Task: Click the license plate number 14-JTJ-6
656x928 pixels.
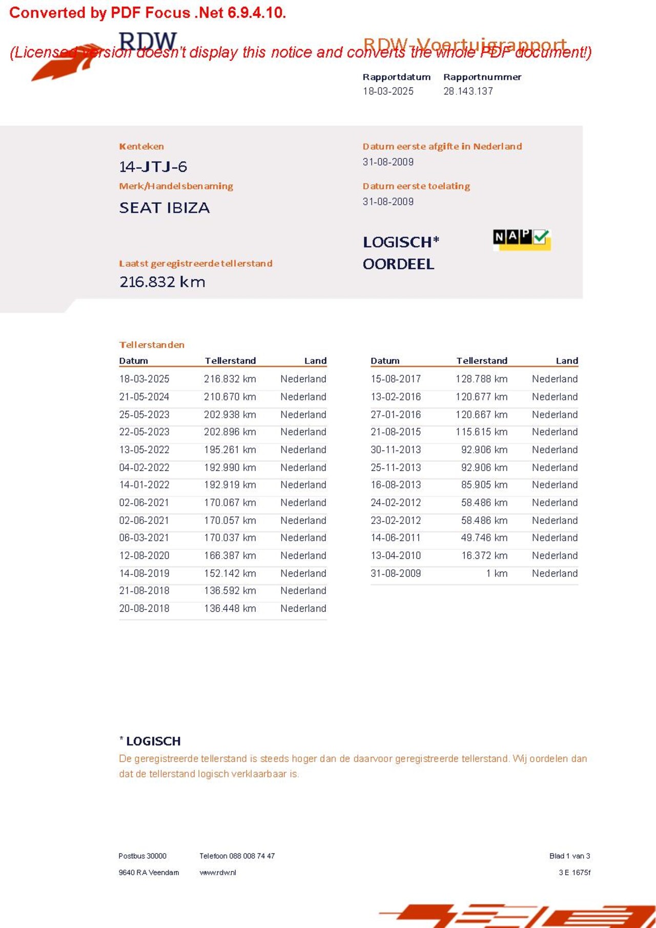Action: (153, 167)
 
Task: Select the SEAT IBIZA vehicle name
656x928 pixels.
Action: (164, 208)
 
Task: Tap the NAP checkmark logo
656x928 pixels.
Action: (521, 239)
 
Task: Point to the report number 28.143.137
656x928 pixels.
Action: (468, 91)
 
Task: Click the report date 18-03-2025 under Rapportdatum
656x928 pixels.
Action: (388, 91)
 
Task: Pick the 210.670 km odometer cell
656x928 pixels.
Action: (230, 397)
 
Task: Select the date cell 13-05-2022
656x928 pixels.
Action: (144, 450)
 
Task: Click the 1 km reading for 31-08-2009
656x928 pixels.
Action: (497, 574)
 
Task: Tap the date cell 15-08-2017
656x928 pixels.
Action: (396, 379)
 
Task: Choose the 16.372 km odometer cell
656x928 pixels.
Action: (484, 556)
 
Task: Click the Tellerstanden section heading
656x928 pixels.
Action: (152, 345)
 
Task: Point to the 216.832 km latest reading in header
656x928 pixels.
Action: (162, 282)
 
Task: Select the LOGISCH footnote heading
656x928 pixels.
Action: (153, 741)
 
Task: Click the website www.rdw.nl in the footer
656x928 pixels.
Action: (218, 873)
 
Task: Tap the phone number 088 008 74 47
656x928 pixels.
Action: (252, 856)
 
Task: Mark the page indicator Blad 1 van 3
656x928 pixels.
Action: (569, 856)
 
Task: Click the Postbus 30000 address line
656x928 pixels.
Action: (142, 856)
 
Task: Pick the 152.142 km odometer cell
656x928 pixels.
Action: (230, 574)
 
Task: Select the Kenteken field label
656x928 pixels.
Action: (141, 146)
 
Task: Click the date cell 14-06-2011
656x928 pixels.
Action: (395, 538)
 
